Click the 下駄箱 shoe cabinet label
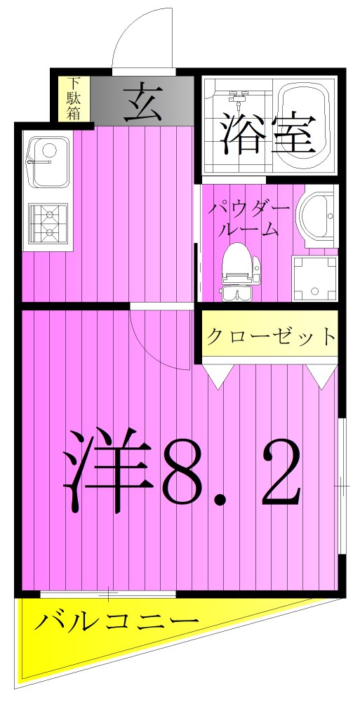point(74,98)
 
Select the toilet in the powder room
point(239,270)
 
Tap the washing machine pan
point(314,279)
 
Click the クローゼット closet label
point(270,336)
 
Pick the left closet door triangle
point(218,376)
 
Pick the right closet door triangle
point(324,376)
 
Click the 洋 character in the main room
point(109,470)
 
